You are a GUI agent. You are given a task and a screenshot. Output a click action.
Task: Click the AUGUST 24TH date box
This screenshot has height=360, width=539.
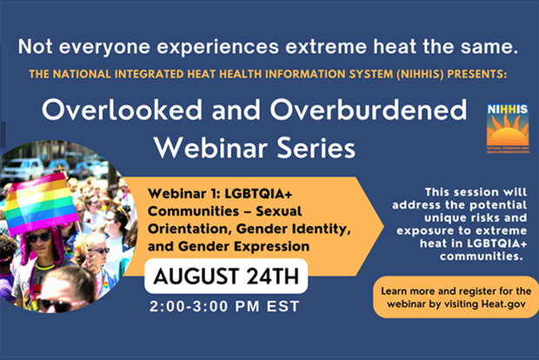pyautogui.click(x=227, y=278)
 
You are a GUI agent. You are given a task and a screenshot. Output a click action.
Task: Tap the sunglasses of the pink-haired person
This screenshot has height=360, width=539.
pyautogui.click(x=38, y=237)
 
